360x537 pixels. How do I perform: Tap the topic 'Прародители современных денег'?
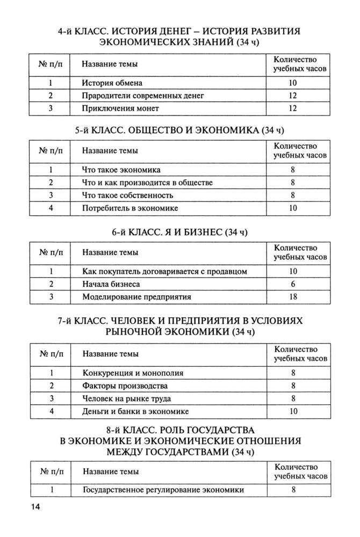tap(143, 96)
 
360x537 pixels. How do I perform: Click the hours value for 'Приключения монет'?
tap(293, 108)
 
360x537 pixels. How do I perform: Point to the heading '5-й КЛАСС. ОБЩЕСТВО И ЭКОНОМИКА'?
tap(179, 130)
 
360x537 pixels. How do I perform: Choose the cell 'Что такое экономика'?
tap(121, 170)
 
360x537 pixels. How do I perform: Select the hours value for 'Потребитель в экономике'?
tap(293, 207)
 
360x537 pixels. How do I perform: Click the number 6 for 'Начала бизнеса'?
tap(293, 284)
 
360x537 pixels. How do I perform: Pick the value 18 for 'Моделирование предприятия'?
tap(293, 296)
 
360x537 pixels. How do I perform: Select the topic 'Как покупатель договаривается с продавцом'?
tap(164, 271)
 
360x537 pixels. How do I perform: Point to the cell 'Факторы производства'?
tap(125, 386)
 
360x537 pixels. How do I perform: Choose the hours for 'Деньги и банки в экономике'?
tap(293, 411)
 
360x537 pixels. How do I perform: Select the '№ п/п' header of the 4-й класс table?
tap(50, 64)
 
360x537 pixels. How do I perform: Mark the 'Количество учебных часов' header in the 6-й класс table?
tap(296, 252)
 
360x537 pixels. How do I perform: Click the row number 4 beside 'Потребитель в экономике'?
tap(50, 207)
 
